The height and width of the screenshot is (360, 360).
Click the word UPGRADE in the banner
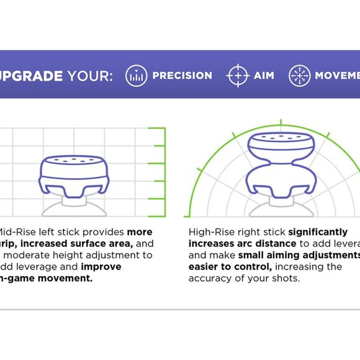[30, 76]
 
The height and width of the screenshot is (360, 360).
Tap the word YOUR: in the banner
[89, 76]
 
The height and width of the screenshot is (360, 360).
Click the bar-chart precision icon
[136, 76]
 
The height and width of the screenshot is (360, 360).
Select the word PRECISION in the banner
[182, 76]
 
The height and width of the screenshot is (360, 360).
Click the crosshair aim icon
[238, 76]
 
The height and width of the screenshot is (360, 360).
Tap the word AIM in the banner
[264, 76]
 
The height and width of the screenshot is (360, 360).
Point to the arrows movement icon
[299, 76]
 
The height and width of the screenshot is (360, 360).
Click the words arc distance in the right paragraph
[253, 243]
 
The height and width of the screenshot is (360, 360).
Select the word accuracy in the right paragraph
[210, 278]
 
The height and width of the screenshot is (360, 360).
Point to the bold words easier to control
[230, 266]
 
